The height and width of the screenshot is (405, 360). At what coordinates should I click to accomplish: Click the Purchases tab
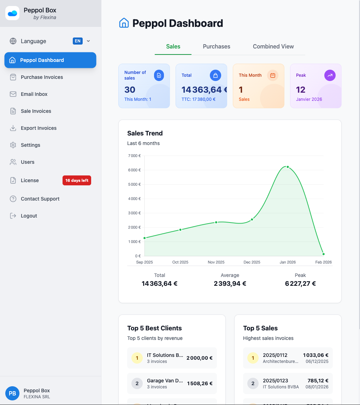pyautogui.click(x=216, y=46)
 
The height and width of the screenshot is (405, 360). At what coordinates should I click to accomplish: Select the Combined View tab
pyautogui.click(x=273, y=46)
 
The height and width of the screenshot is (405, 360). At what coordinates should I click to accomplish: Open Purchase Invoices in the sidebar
pyautogui.click(x=42, y=77)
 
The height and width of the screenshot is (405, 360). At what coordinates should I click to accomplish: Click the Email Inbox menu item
pyautogui.click(x=34, y=94)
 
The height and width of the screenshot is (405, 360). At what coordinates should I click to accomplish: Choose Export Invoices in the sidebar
pyautogui.click(x=39, y=128)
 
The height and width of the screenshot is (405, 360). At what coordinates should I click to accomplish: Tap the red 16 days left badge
pyautogui.click(x=77, y=180)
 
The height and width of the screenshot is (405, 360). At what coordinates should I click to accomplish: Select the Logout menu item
pyautogui.click(x=29, y=216)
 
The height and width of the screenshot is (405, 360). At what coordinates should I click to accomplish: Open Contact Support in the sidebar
pyautogui.click(x=40, y=199)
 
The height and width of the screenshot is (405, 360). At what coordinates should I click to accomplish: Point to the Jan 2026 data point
pyautogui.click(x=288, y=167)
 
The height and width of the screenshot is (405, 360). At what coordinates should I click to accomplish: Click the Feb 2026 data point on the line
pyautogui.click(x=323, y=254)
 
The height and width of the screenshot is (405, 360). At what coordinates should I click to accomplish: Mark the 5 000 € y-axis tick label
pyautogui.click(x=134, y=184)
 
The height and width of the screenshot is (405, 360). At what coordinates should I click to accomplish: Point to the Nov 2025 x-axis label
pyautogui.click(x=216, y=262)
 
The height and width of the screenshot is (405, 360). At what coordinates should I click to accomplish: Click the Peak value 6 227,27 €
pyautogui.click(x=300, y=283)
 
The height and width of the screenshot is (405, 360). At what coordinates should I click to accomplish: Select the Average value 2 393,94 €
pyautogui.click(x=230, y=283)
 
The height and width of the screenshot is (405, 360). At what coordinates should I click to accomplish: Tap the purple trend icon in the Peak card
pyautogui.click(x=330, y=75)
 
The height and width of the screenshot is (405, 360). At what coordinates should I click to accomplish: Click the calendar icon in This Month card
pyautogui.click(x=272, y=75)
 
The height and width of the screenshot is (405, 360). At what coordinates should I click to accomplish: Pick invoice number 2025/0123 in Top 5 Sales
pyautogui.click(x=275, y=381)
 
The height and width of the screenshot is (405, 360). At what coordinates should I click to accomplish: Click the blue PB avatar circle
pyautogui.click(x=12, y=393)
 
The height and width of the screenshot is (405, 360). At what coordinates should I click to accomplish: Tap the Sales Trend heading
pyautogui.click(x=145, y=133)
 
